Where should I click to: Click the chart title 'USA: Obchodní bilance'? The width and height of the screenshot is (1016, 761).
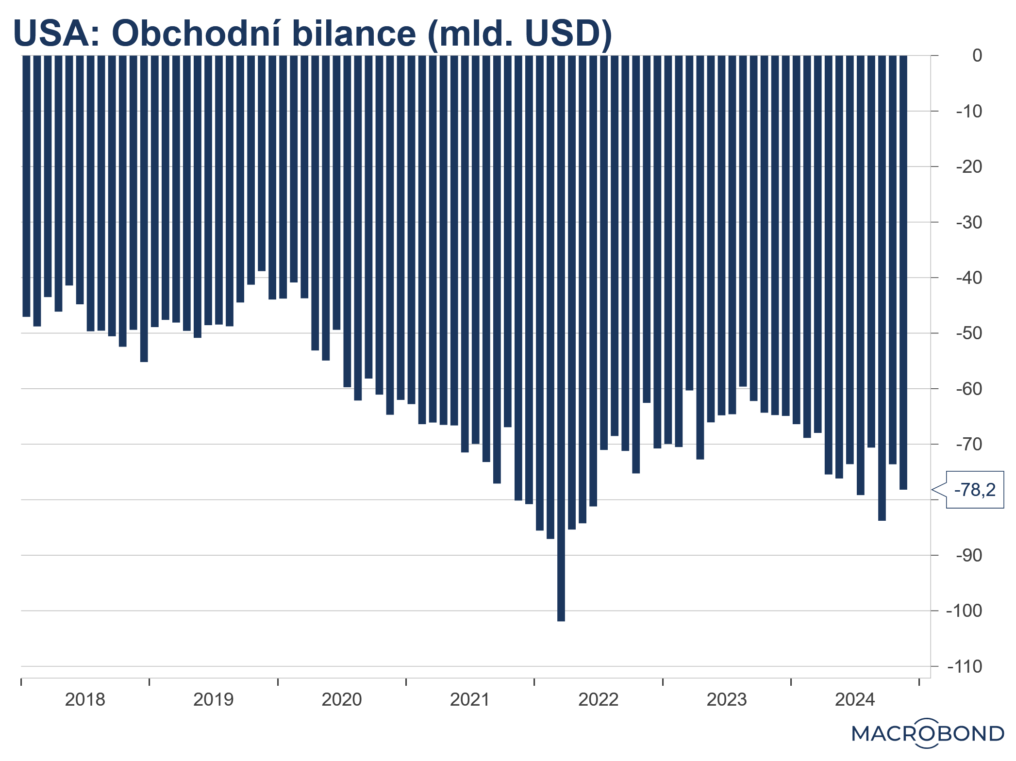312,33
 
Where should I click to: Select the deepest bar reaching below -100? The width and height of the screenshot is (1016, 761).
561,340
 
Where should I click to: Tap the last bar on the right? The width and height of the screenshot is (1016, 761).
903,272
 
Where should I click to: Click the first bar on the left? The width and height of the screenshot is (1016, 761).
26,184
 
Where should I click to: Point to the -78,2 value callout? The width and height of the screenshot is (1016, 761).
975,490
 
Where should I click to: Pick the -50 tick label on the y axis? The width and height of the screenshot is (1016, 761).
969,333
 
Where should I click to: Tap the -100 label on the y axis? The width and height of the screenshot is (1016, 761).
965,611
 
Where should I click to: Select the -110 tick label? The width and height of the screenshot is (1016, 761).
965,666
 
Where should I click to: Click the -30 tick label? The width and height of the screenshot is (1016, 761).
969,222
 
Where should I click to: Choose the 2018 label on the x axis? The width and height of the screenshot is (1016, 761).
85,699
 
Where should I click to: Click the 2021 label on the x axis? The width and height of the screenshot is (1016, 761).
470,699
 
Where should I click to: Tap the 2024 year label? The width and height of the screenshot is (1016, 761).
855,699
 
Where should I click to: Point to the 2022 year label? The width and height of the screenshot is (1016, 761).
598,699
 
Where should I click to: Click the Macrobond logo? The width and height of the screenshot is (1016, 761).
928,733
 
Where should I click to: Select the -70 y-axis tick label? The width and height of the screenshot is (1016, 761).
969,444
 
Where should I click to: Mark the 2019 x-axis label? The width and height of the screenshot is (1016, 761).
213,699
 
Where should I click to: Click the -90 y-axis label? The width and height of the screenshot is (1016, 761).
969,555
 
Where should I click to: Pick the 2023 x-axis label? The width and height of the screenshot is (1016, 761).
726,699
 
